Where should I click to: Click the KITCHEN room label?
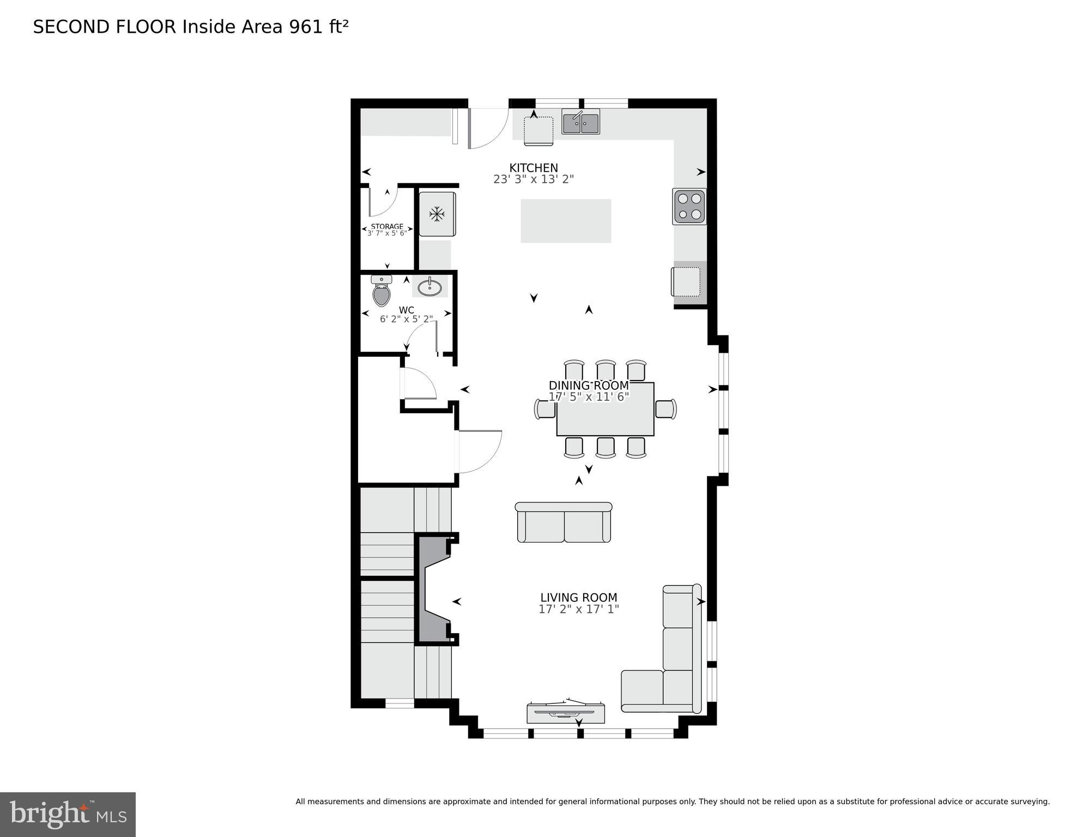point(533,167)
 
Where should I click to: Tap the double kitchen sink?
point(580,122)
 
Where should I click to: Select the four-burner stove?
point(689,207)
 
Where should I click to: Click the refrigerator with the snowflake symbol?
point(437,214)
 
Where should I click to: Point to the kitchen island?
point(565,221)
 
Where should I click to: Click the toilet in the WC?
point(382,292)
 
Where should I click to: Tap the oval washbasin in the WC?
point(430,287)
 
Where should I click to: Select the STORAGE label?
point(387,226)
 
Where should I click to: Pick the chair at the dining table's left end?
point(544,409)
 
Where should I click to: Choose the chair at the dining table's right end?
point(666,409)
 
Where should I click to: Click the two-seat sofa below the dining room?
point(564,522)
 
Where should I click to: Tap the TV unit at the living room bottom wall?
point(565,713)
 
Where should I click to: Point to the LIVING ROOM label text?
point(578,597)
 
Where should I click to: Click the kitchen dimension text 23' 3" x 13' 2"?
point(533,179)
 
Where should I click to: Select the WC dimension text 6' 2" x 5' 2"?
point(406,319)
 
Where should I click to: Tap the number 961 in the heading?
point(306,27)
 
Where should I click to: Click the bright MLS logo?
point(68,814)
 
